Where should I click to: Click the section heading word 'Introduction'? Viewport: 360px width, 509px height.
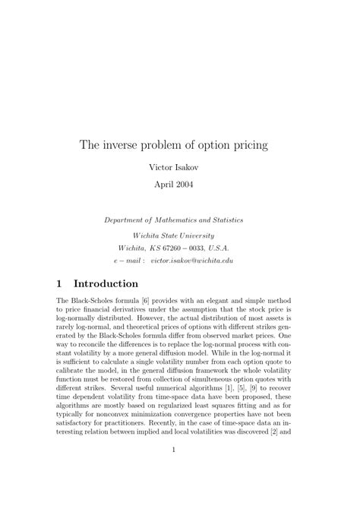tap(106, 284)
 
